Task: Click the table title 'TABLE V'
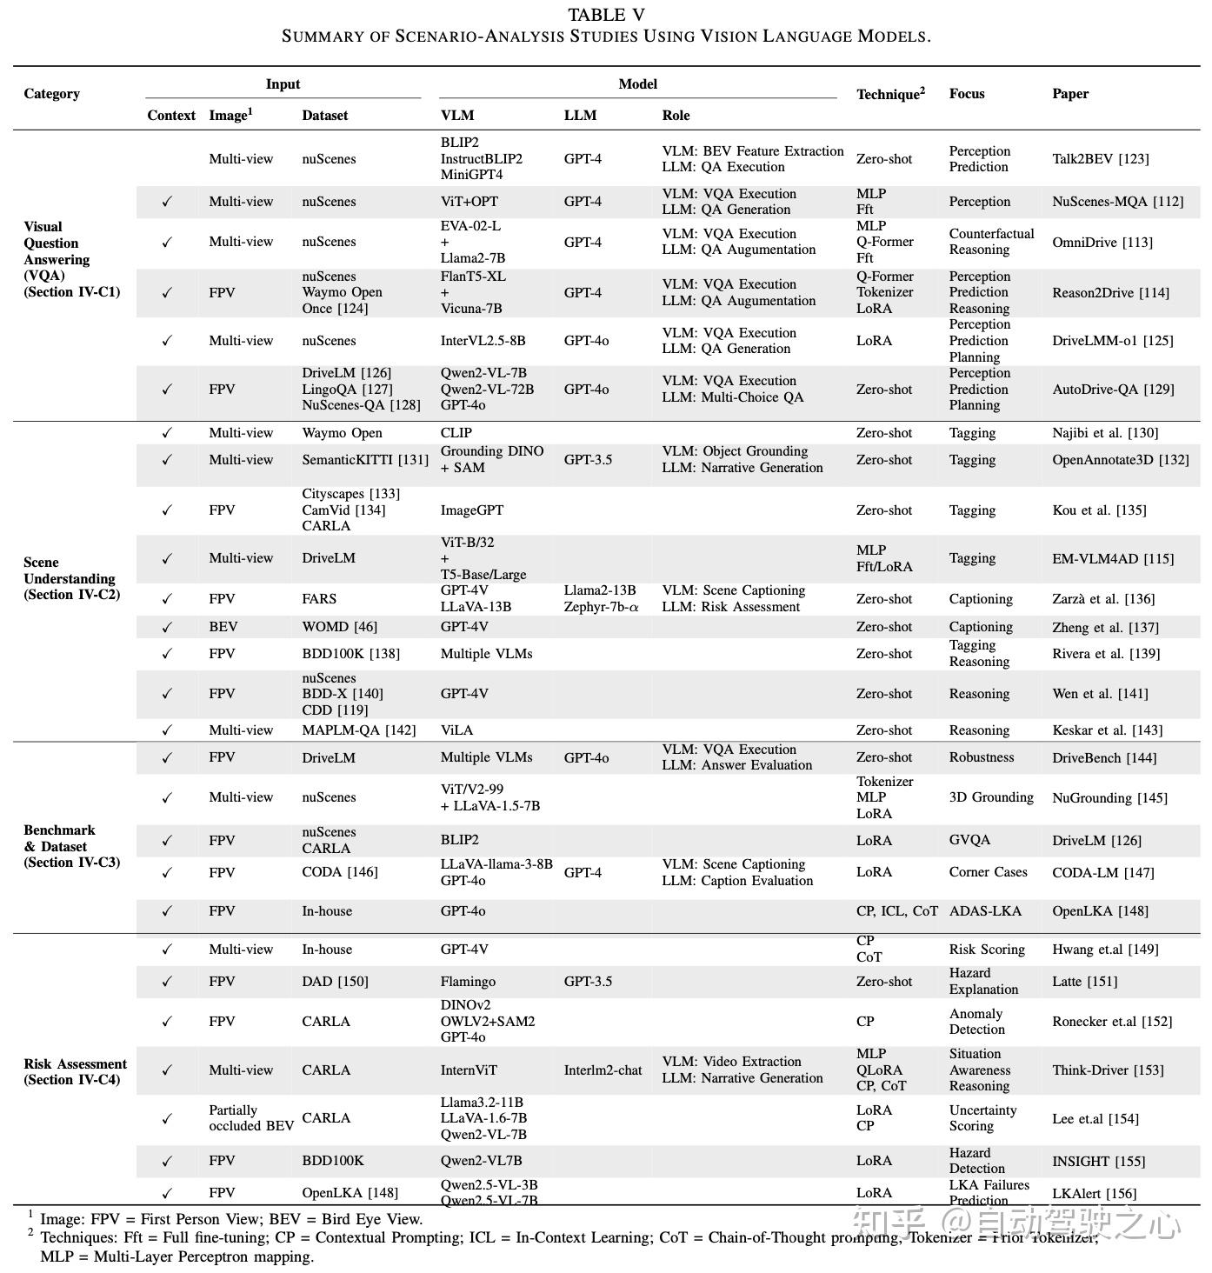click(x=606, y=15)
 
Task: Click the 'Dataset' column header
click(x=324, y=116)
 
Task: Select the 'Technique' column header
click(x=889, y=94)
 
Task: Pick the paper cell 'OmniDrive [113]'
click(x=1102, y=243)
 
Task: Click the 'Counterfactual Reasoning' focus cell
click(x=991, y=242)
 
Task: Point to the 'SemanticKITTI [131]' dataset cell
click(x=364, y=460)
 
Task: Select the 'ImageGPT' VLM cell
click(x=471, y=510)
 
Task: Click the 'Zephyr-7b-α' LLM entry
click(x=601, y=607)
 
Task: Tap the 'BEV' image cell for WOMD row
click(x=223, y=627)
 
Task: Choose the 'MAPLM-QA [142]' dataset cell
click(x=358, y=730)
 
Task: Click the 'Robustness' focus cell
click(x=981, y=757)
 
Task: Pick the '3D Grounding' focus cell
click(x=991, y=797)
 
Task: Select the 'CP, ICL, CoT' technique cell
click(x=896, y=911)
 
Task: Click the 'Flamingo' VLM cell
click(x=468, y=982)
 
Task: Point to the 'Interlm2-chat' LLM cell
click(x=603, y=1070)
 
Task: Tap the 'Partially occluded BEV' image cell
click(x=250, y=1118)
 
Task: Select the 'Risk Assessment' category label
click(x=75, y=1064)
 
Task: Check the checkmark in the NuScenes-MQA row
click(x=167, y=202)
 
